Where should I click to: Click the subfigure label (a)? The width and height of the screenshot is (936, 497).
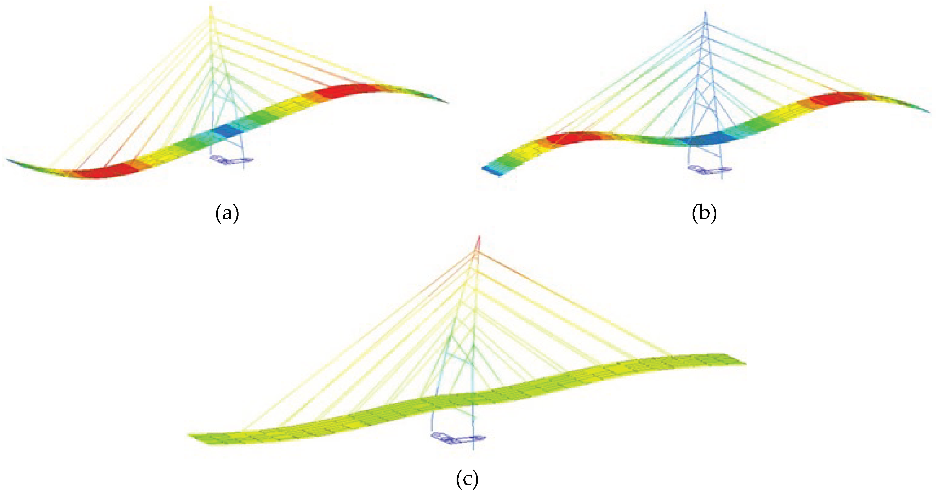pos(227,214)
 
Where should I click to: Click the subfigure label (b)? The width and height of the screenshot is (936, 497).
pos(704,214)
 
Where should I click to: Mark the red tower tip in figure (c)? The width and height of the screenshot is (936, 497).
pos(479,238)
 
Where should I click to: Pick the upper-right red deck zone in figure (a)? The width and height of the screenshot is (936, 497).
pos(343,91)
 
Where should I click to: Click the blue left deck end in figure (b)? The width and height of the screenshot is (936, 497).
pos(492,171)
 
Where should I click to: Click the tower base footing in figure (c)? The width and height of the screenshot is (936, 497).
pos(458,438)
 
